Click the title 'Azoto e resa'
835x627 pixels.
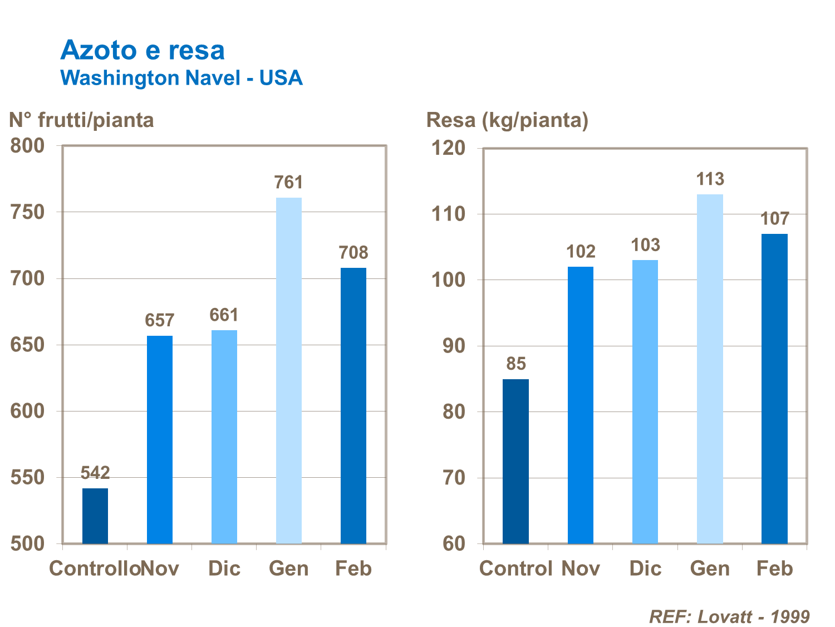(x=143, y=51)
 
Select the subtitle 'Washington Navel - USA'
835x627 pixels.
(x=181, y=78)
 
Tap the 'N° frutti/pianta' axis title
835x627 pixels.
(x=81, y=120)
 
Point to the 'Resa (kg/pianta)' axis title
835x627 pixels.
(x=507, y=120)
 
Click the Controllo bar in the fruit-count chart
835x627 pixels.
(x=95, y=516)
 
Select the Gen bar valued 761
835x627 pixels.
(x=289, y=370)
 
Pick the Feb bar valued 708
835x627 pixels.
(x=353, y=405)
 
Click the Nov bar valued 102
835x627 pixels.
(x=581, y=405)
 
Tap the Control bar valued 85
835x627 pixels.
(x=516, y=461)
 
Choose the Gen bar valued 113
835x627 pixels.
(x=710, y=369)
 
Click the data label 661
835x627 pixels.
(x=224, y=315)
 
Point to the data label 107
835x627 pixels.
(x=775, y=219)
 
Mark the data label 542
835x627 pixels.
(x=95, y=473)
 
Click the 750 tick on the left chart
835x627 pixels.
(x=27, y=212)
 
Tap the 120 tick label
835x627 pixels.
(x=448, y=148)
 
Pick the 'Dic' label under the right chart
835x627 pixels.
(x=645, y=569)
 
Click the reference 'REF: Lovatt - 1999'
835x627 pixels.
(x=729, y=617)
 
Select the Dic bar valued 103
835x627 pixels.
(x=645, y=401)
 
